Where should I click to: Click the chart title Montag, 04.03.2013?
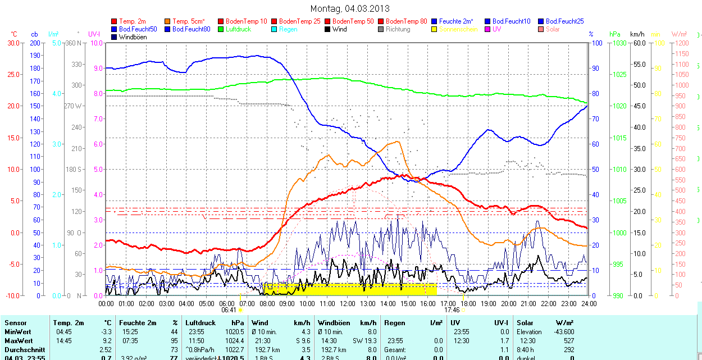point(350,8)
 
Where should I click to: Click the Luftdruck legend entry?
point(238,29)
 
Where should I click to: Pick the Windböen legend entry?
point(133,37)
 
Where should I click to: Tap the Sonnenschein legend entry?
point(458,29)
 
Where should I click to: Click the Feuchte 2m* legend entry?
point(456,21)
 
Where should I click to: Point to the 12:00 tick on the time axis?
point(348,303)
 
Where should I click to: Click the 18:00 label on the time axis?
point(468,303)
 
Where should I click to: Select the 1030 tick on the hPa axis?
point(619,43)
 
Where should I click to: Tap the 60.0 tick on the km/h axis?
point(638,43)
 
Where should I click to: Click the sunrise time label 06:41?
point(229,309)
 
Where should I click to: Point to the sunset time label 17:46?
point(452,309)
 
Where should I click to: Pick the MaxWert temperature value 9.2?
point(107,341)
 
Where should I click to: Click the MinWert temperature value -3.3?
point(106,332)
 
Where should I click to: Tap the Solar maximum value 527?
point(568,341)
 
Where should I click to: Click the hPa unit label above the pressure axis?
point(615,34)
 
